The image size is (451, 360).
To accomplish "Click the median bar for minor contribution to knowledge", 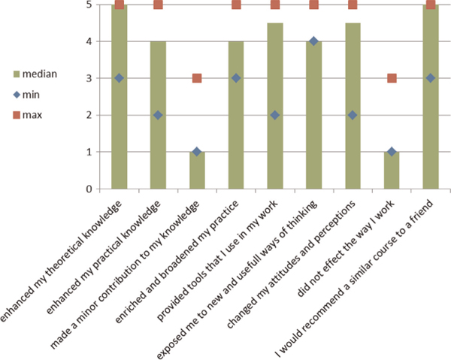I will click(197, 171).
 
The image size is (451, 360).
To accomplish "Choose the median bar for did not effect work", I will click(392, 171).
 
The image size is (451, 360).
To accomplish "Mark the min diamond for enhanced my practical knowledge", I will click(158, 115).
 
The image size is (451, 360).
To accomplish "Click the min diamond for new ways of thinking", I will click(313, 41).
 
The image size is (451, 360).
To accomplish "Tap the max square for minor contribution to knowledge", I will click(197, 78).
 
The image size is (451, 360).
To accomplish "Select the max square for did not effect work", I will click(392, 78).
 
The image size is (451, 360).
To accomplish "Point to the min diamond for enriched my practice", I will click(236, 78).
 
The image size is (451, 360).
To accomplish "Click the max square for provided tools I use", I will click(275, 5).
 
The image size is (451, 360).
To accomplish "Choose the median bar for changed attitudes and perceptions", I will click(353, 120).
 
